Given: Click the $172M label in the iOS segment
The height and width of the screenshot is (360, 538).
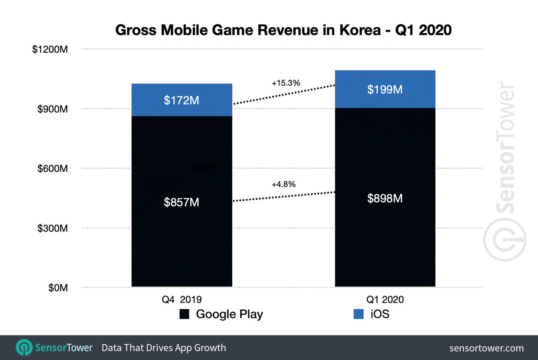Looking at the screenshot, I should pyautogui.click(x=181, y=100).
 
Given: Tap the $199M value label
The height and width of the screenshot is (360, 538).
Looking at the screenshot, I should pyautogui.click(x=385, y=89).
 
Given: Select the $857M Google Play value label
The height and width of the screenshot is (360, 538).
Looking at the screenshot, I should pyautogui.click(x=181, y=202).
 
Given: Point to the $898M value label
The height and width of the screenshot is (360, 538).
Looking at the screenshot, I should pyautogui.click(x=385, y=198).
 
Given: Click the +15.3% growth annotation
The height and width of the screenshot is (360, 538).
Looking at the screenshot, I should pyautogui.click(x=286, y=83).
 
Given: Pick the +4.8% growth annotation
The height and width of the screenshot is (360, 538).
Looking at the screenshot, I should pyautogui.click(x=283, y=184).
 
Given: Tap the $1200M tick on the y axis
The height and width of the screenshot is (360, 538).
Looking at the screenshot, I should pyautogui.click(x=50, y=49).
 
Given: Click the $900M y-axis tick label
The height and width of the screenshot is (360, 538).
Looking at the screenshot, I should pyautogui.click(x=52, y=109).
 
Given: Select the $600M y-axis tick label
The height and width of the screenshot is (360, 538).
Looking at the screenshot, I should pyautogui.click(x=52, y=168).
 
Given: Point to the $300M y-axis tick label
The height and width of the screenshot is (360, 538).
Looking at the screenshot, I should pyautogui.click(x=52, y=228).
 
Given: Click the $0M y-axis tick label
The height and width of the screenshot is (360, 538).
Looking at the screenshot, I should pyautogui.click(x=58, y=288).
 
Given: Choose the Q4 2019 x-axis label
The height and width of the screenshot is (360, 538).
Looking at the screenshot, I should pyautogui.click(x=182, y=300).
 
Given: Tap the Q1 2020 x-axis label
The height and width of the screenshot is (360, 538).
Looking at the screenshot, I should pyautogui.click(x=385, y=300).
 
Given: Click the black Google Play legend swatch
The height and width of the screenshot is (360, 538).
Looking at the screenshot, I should pyautogui.click(x=184, y=314).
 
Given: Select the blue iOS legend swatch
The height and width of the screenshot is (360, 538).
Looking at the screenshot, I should pyautogui.click(x=358, y=314).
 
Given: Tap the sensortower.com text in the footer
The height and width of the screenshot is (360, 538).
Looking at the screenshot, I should pyautogui.click(x=486, y=348).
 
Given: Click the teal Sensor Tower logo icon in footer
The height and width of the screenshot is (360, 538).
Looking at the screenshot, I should pyautogui.click(x=24, y=348).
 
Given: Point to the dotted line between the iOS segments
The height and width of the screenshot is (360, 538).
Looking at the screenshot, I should pyautogui.click(x=284, y=95).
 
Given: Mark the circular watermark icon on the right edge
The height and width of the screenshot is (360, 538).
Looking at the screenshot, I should pyautogui.click(x=505, y=239).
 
